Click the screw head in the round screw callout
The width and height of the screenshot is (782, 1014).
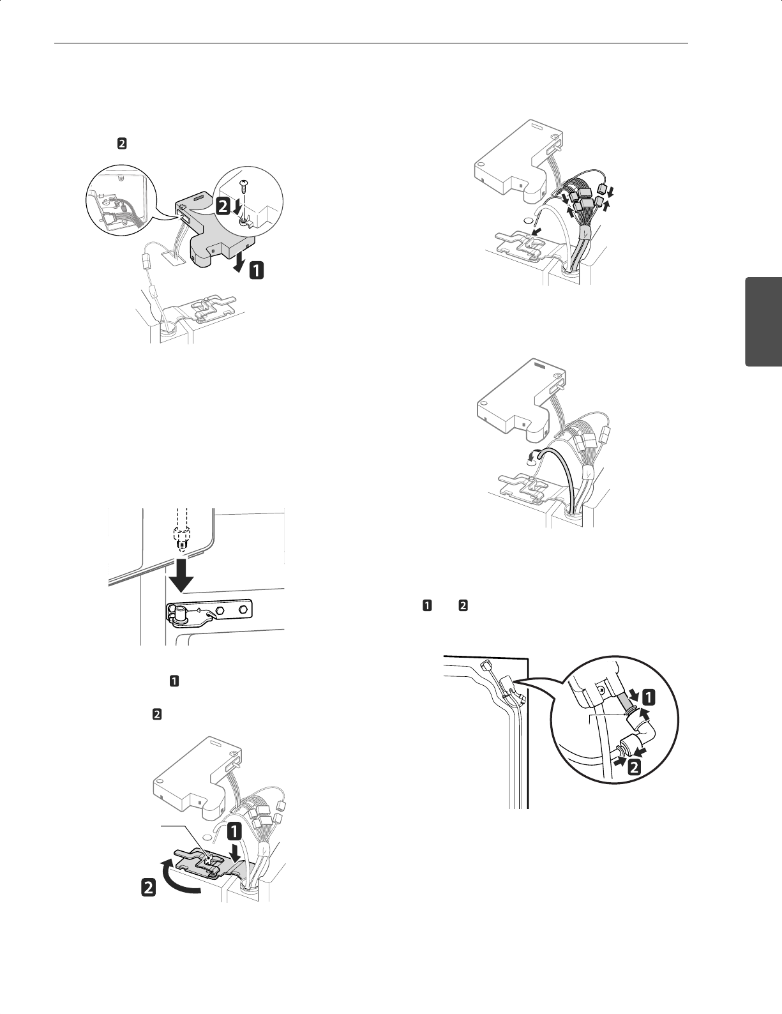(243, 183)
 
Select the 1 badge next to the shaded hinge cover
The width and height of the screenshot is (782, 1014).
(257, 271)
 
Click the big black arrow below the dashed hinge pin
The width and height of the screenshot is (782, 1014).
(181, 575)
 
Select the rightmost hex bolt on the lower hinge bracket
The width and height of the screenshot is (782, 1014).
(243, 610)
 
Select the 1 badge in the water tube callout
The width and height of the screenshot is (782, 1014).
(649, 697)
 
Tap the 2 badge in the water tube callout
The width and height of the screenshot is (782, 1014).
(634, 767)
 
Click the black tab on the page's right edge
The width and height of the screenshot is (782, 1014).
(763, 322)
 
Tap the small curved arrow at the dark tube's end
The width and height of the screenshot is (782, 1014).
(532, 458)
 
